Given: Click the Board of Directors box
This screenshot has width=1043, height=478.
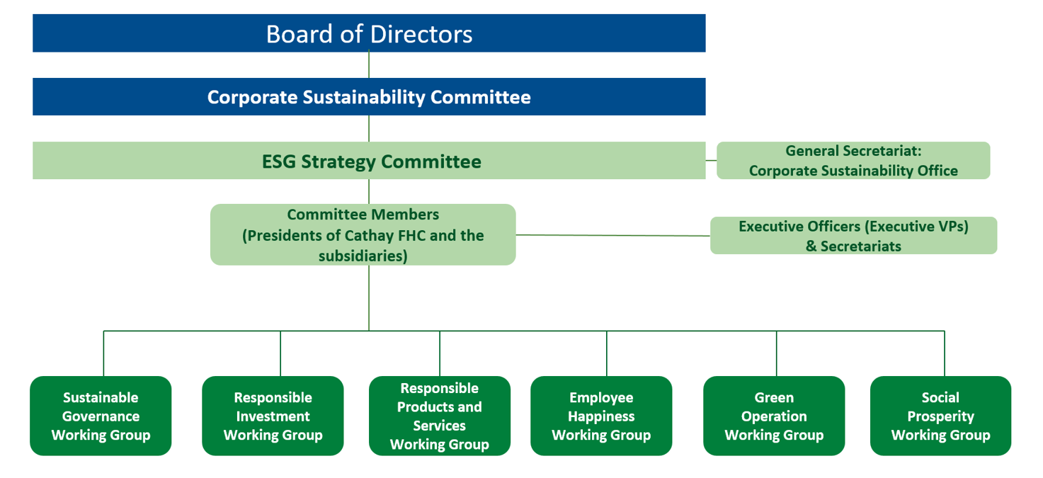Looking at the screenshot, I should click(369, 33).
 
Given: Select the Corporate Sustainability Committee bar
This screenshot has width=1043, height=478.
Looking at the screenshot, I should click(369, 97).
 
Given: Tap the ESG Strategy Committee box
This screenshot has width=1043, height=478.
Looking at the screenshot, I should click(369, 161).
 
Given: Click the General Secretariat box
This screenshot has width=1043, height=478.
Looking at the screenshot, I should click(853, 161).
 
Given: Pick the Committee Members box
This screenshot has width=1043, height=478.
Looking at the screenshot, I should click(363, 234).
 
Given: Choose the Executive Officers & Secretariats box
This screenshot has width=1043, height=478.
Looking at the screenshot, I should click(853, 236).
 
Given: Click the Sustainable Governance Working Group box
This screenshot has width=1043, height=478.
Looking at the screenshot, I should click(101, 416).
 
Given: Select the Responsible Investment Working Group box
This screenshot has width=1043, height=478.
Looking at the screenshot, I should click(273, 416).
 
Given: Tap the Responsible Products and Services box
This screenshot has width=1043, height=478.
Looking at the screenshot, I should click(439, 416).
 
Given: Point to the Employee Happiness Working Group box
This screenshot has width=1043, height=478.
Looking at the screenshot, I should click(601, 416).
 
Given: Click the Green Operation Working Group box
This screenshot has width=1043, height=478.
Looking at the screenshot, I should click(774, 416).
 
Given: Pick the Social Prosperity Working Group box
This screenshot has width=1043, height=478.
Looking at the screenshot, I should click(940, 416).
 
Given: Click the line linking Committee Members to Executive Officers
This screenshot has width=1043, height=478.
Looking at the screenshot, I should click(612, 235).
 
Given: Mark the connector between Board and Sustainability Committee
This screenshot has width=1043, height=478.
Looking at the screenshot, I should click(369, 65).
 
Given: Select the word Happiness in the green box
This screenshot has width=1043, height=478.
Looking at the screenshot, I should click(601, 416).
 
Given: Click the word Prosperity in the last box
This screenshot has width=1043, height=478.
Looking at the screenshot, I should click(940, 416).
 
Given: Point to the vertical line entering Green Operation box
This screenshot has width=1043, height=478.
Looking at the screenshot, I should click(777, 354).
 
